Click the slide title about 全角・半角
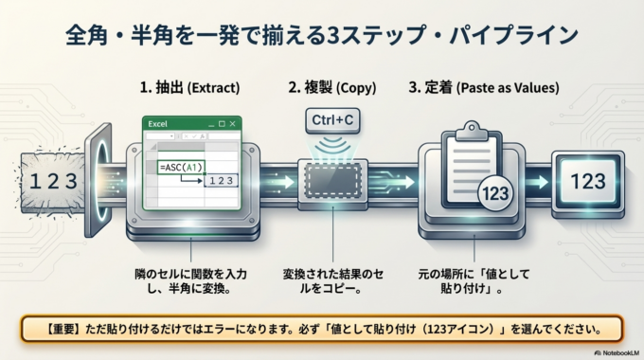[x=322, y=36]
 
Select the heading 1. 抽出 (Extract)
[x=190, y=88]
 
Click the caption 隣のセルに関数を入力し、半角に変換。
[x=190, y=281]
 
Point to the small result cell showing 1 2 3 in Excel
[x=219, y=180]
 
